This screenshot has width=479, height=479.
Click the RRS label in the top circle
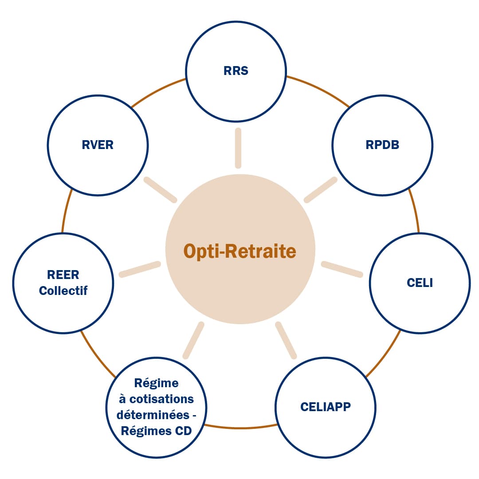236,71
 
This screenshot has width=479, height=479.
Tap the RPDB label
382,145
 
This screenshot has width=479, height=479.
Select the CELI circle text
420,283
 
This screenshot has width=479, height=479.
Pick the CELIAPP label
326,407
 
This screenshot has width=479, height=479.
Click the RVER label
98,145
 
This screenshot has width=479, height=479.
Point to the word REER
63,275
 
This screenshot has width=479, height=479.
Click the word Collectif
63,291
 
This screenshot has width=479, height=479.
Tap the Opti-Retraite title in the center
240,251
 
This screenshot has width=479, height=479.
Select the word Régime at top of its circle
156,383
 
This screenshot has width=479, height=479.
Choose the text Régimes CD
156,431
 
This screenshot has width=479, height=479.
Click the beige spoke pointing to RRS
238,148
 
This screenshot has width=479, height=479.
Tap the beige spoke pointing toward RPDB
320,190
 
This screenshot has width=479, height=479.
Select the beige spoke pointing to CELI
342,270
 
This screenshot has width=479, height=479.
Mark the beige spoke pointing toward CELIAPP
286,340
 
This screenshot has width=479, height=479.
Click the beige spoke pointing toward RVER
161,190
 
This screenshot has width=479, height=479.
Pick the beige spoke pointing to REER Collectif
140,270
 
